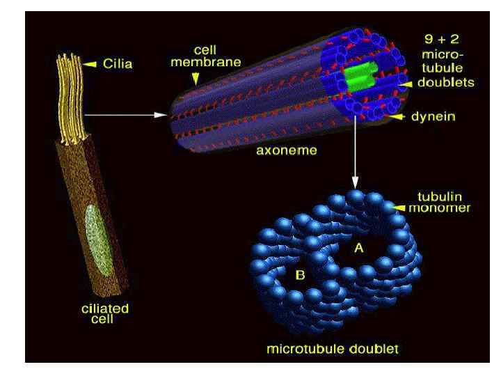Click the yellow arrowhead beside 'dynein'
tap(398, 118)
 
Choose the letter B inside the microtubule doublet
tap(301, 275)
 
